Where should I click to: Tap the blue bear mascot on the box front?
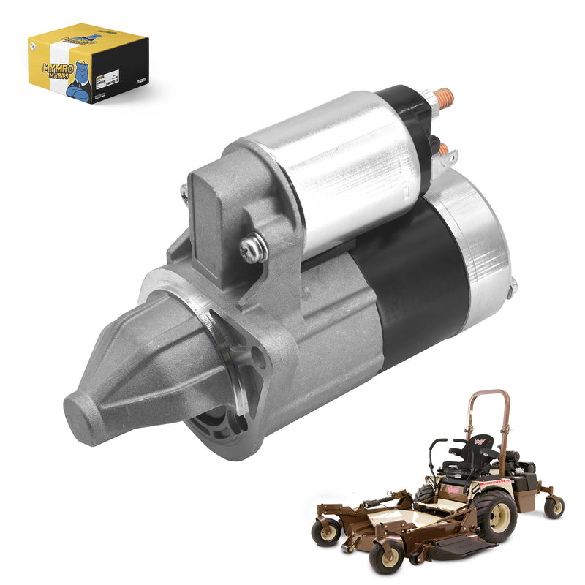[85, 82]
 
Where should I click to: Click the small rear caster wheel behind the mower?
[554, 506]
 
